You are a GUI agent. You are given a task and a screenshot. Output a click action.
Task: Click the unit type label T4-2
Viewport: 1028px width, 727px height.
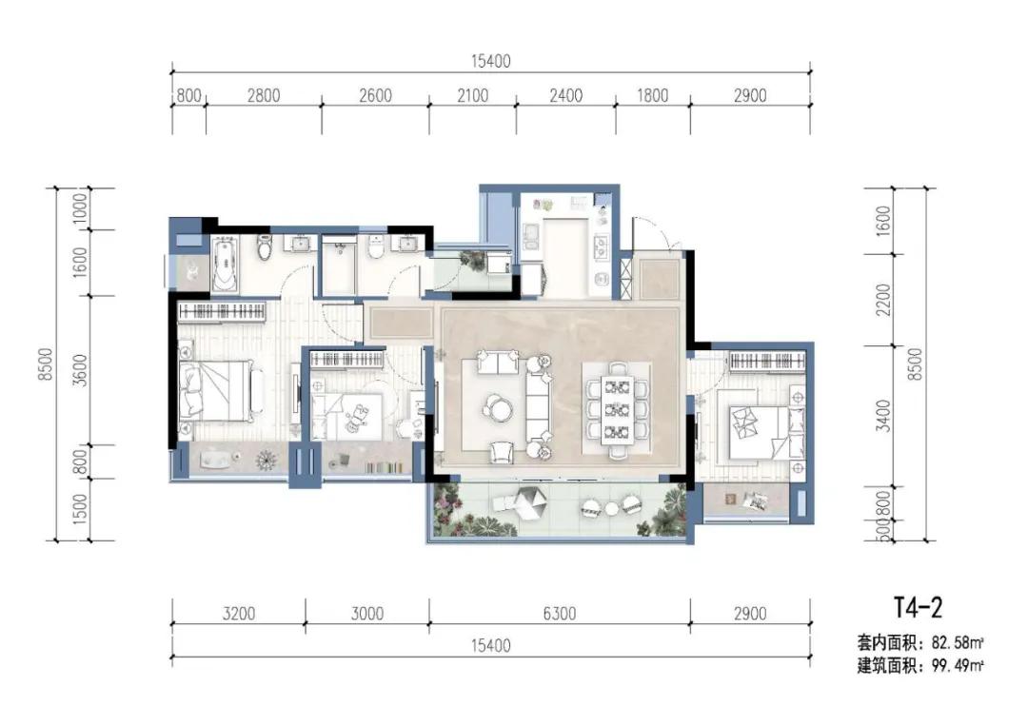(x=918, y=608)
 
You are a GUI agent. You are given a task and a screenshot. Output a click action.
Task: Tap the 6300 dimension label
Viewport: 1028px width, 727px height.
(x=560, y=614)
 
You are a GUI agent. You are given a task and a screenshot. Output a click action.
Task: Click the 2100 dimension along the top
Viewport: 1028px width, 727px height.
(x=472, y=96)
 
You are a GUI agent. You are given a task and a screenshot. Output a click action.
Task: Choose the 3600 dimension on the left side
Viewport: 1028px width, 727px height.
(x=79, y=370)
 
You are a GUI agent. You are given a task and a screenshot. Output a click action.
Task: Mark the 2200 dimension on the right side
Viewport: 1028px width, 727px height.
(x=883, y=300)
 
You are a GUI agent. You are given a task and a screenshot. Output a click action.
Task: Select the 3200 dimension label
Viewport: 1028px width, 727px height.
(x=239, y=614)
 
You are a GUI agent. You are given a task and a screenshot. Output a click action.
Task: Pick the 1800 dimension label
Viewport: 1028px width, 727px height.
(x=652, y=96)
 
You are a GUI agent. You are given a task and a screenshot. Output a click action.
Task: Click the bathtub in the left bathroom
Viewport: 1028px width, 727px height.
(x=225, y=265)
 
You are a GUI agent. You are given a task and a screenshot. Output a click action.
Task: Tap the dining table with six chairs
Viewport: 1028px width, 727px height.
(x=617, y=409)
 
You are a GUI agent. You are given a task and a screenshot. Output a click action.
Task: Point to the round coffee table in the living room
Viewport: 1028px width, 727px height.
(x=498, y=406)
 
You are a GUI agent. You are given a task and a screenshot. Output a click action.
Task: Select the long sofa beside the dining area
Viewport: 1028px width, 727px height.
(x=538, y=406)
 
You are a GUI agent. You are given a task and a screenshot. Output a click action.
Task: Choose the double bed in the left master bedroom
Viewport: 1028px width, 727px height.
(x=219, y=391)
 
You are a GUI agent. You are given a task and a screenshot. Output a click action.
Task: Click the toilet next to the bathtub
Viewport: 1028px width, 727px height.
(x=264, y=246)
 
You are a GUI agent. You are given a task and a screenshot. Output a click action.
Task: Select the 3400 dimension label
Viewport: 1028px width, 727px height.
(x=883, y=415)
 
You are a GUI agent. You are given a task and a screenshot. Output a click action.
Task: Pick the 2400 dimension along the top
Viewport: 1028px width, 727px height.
(x=565, y=96)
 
